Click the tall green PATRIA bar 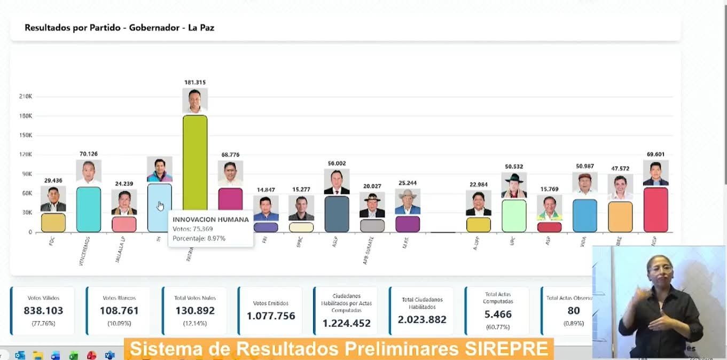(x=195, y=160)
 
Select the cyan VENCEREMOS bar (x=89, y=209)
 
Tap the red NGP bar (x=655, y=209)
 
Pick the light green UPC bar (x=514, y=215)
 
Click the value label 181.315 (x=195, y=82)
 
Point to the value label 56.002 (x=337, y=163)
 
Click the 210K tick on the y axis (x=26, y=97)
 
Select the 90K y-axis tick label (x=27, y=174)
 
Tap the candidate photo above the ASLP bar (x=337, y=182)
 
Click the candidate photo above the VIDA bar (x=585, y=183)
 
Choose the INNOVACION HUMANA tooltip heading (x=210, y=220)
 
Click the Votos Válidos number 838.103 (x=43, y=310)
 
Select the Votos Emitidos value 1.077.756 (x=271, y=316)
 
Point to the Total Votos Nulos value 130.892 (x=194, y=310)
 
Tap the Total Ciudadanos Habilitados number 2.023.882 (x=422, y=319)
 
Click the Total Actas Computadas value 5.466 (x=498, y=314)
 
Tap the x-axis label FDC (x=52, y=241)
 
